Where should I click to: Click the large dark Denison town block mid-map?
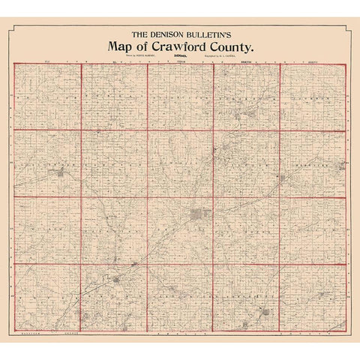coord(198,217)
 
